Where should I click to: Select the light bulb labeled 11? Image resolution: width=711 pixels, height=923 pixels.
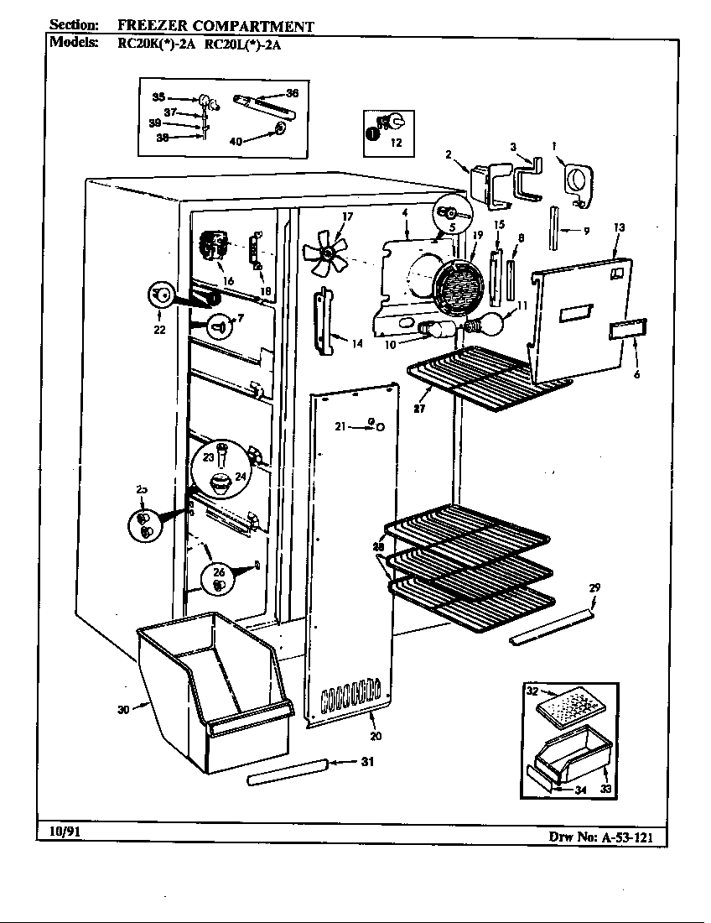(496, 320)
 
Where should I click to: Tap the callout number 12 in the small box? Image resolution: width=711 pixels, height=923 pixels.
(396, 143)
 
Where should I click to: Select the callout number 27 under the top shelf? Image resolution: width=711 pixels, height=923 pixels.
(418, 409)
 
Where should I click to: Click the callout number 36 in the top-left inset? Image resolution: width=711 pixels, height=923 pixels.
(291, 93)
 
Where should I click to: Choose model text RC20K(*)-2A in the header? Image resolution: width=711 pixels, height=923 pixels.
(142, 46)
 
